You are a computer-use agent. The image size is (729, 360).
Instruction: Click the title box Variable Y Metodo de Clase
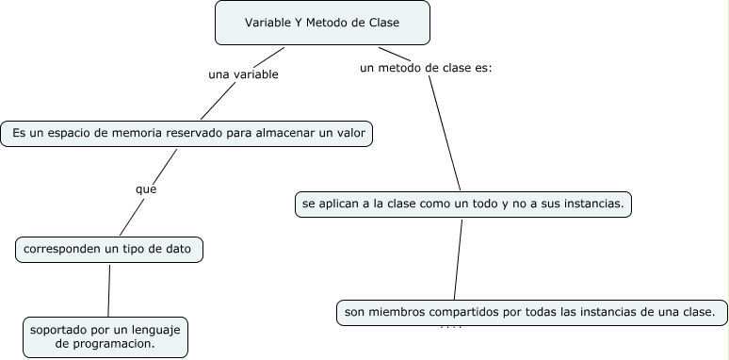pyautogui.click(x=322, y=24)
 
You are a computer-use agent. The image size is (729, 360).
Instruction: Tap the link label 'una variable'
pyautogui.click(x=243, y=74)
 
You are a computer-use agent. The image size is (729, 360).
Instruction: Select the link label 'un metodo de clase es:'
pyautogui.click(x=426, y=68)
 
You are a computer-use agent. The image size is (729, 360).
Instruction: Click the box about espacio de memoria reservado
pyautogui.click(x=187, y=135)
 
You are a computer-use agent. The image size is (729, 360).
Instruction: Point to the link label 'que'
pyautogui.click(x=145, y=188)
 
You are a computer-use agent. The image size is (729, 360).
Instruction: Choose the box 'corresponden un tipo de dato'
pyautogui.click(x=109, y=250)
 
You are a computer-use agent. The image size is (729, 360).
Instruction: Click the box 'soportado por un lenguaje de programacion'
pyautogui.click(x=105, y=337)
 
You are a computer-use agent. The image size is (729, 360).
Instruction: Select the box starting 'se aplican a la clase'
pyautogui.click(x=462, y=204)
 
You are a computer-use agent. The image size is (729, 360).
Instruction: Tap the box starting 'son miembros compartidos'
pyautogui.click(x=531, y=312)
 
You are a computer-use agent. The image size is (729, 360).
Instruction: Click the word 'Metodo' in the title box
pyautogui.click(x=312, y=24)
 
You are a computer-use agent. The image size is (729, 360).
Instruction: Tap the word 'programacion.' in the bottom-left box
pyautogui.click(x=120, y=345)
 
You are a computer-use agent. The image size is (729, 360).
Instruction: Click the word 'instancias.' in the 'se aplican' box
pyautogui.click(x=591, y=204)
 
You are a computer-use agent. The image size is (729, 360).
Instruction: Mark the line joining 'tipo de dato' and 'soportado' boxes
pyautogui.click(x=108, y=290)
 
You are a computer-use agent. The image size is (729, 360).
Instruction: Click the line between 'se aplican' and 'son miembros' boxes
pyautogui.click(x=457, y=259)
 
